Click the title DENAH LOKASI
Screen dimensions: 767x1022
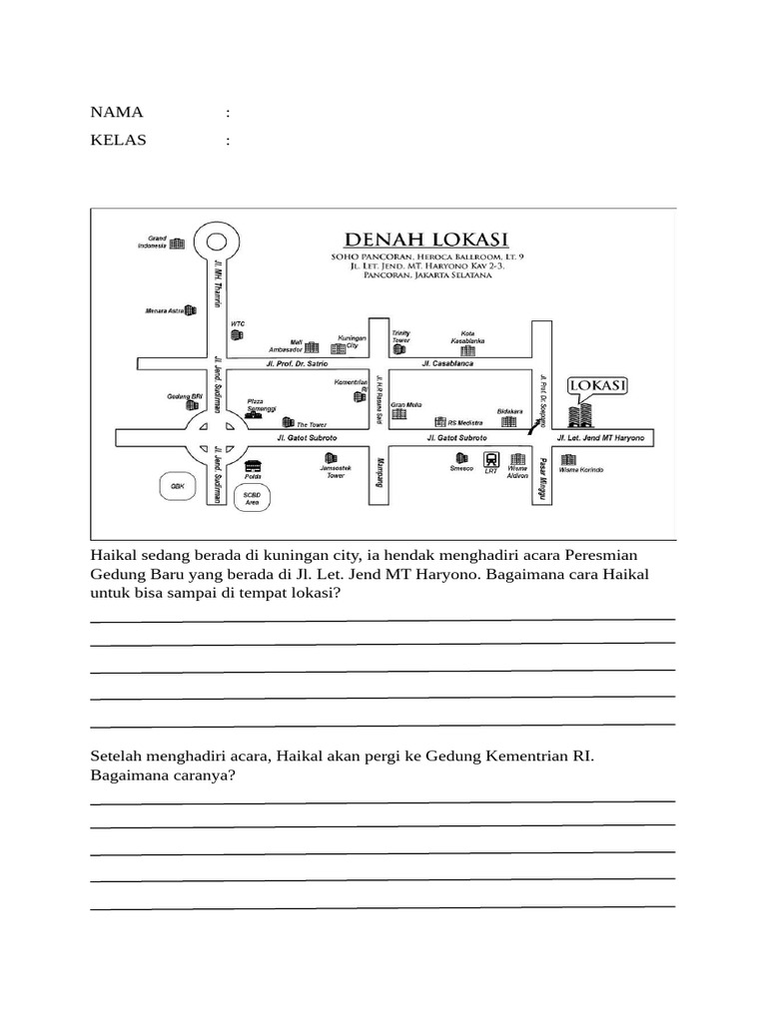point(426,240)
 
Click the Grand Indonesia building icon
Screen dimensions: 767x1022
point(178,244)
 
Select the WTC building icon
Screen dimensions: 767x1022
point(237,336)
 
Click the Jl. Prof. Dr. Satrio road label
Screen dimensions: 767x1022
point(297,364)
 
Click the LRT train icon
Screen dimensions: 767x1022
point(490,459)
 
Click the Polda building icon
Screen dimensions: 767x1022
point(252,465)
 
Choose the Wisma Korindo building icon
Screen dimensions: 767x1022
point(568,459)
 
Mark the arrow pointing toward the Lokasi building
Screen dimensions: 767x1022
point(535,419)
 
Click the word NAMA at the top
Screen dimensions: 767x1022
point(117,112)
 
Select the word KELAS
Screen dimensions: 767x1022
point(119,140)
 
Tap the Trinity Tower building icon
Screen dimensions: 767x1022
point(401,349)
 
